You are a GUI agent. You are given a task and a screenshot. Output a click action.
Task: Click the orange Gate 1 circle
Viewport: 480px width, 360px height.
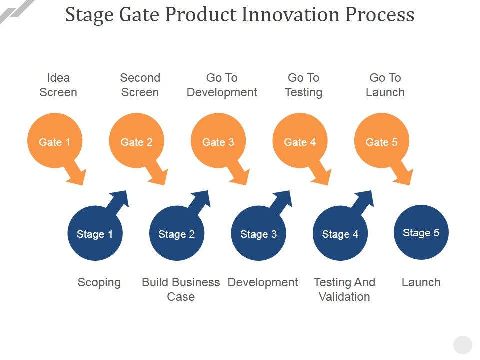pos(54,142)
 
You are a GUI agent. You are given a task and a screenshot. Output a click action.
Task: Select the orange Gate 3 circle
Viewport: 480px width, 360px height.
pos(218,142)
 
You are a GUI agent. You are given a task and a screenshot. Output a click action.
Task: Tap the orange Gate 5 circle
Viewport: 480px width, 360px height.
pos(381,142)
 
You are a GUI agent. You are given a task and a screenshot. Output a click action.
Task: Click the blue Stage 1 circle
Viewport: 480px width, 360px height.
pos(95,234)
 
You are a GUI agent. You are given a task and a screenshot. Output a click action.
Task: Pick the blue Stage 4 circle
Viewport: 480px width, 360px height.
pos(340,234)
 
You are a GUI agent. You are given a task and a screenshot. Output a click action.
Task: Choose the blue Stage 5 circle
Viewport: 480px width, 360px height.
pos(421,232)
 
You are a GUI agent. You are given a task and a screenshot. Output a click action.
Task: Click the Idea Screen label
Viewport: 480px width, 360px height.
pos(58,85)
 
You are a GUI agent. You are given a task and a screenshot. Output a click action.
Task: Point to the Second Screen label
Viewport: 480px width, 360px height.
pos(140,85)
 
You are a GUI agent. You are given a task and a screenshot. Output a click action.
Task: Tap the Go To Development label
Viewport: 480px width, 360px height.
pos(222,85)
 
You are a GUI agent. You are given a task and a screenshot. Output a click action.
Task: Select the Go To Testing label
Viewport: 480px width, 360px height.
pos(303,85)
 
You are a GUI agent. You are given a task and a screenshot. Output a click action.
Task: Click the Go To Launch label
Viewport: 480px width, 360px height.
pos(385,85)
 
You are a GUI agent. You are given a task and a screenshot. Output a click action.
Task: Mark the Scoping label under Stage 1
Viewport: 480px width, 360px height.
pos(99,282)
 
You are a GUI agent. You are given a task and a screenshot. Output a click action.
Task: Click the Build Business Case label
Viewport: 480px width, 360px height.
pos(181,289)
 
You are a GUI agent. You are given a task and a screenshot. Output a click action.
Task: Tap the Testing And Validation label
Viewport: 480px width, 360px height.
pos(344,289)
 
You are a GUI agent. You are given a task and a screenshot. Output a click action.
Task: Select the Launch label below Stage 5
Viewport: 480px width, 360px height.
pos(421,282)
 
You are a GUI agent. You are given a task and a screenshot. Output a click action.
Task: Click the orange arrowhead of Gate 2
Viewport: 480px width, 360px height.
pos(159,177)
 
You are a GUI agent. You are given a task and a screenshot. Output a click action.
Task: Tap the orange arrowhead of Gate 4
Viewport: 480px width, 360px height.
pos(323,177)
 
